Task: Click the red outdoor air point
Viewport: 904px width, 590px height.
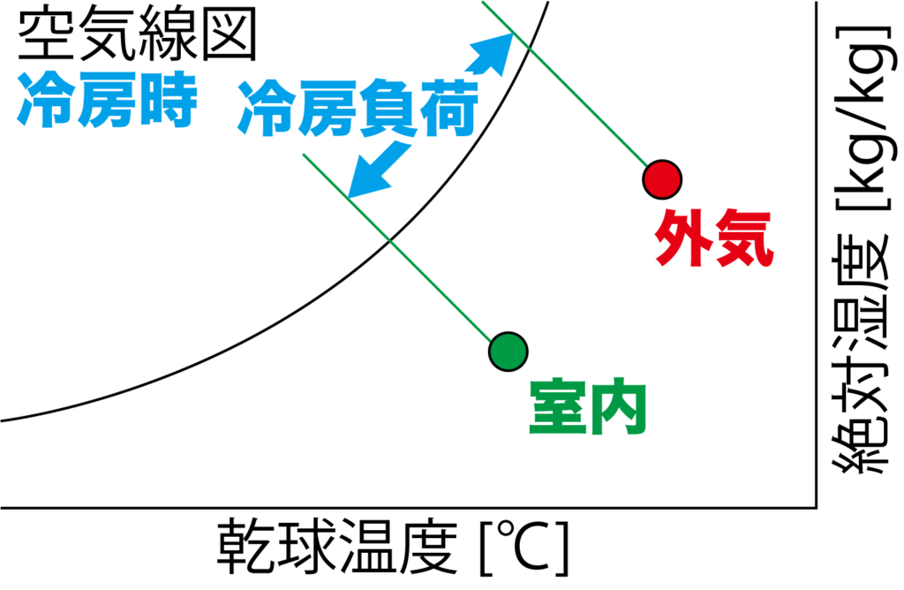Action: tap(662, 179)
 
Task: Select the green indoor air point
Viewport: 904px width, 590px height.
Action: tap(508, 352)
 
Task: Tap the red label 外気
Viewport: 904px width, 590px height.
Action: tap(713, 237)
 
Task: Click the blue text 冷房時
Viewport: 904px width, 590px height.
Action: tap(107, 99)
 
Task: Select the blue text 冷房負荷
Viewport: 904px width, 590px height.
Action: tap(358, 109)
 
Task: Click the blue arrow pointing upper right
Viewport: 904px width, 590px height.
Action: tap(490, 54)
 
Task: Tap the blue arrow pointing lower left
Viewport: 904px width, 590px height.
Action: tap(378, 170)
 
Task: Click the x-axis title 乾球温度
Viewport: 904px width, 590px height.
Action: tap(337, 546)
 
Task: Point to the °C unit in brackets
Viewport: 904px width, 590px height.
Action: tap(524, 547)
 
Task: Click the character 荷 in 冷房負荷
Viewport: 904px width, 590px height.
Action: tap(449, 109)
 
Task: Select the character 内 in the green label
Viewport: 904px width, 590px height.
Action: tap(619, 407)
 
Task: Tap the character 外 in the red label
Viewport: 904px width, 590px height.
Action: tap(683, 237)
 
